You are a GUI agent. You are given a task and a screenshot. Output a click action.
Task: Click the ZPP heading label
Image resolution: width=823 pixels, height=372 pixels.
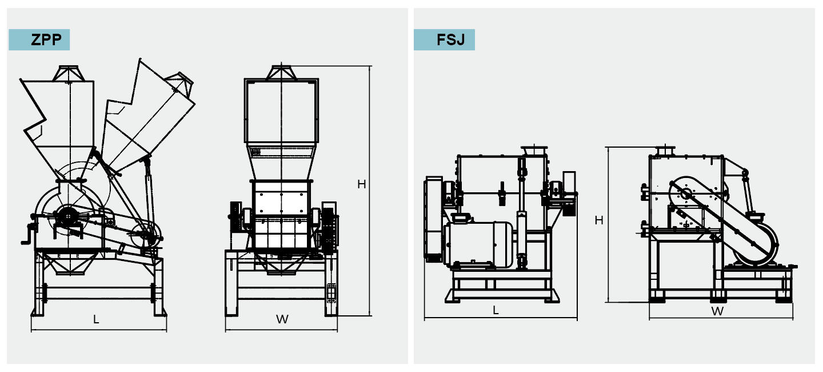click(39, 40)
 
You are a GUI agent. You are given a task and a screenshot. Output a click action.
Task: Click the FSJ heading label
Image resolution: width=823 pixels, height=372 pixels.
click(444, 40)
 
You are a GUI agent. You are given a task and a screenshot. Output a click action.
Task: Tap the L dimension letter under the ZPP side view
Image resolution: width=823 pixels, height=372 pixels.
click(96, 320)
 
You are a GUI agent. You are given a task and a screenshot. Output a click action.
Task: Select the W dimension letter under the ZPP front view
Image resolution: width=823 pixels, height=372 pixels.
click(282, 319)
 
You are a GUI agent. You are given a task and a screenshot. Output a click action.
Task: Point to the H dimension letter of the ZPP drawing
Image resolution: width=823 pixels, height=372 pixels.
click(361, 184)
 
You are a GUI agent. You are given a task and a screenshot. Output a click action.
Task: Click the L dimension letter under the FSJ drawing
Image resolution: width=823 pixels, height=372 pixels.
click(496, 310)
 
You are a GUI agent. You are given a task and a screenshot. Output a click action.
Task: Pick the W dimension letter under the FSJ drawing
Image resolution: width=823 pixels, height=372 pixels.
click(717, 311)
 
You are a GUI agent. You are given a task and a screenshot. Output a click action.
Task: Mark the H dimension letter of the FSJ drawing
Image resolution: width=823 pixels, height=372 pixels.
click(599, 220)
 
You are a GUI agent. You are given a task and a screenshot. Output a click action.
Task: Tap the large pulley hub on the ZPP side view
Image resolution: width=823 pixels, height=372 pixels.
click(68, 216)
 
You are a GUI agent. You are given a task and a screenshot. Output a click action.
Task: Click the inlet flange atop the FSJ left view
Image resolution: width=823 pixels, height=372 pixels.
click(533, 150)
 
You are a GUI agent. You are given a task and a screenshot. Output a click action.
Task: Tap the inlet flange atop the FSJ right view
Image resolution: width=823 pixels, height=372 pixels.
click(665, 151)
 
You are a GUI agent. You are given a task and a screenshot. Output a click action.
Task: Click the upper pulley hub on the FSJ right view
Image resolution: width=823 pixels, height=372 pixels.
click(684, 193)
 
